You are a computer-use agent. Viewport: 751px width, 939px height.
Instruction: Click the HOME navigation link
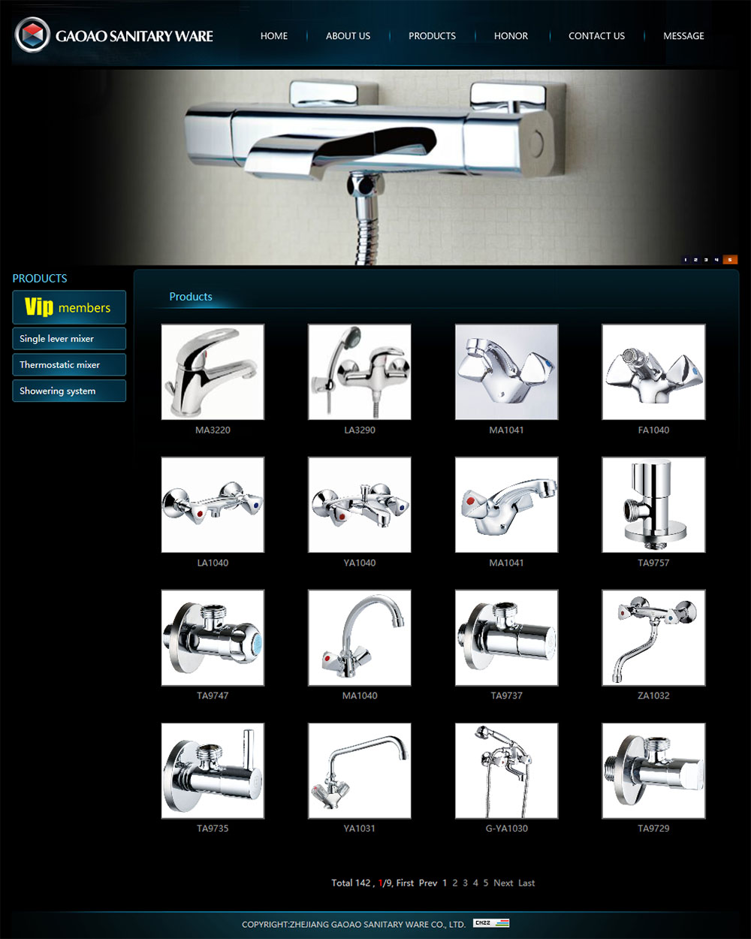[x=273, y=36]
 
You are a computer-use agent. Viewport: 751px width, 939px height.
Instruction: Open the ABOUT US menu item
[x=348, y=36]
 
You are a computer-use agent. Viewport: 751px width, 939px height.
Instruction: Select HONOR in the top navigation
[x=511, y=36]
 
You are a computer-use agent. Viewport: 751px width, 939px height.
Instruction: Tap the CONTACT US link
[x=596, y=36]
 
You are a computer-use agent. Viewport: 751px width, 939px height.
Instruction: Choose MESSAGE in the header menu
[x=683, y=36]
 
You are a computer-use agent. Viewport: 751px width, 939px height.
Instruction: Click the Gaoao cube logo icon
[x=32, y=35]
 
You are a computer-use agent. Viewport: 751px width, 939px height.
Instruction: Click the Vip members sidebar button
[x=69, y=307]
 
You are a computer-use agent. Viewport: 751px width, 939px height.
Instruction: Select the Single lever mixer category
[x=69, y=339]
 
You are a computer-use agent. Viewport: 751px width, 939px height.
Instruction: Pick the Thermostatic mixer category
[x=69, y=365]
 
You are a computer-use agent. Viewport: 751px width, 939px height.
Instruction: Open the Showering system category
[x=69, y=391]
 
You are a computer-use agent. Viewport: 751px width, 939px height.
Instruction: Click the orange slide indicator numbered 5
[x=730, y=260]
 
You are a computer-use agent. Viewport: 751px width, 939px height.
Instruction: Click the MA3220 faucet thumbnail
[x=213, y=372]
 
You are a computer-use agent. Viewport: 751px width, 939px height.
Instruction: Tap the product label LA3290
[x=360, y=430]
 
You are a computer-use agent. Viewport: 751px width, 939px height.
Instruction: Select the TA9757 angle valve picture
[x=653, y=505]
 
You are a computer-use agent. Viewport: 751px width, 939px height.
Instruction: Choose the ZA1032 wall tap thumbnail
[x=653, y=638]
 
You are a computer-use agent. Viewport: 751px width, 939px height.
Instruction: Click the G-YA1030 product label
[x=507, y=829]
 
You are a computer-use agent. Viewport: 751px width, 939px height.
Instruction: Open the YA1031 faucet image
[x=360, y=771]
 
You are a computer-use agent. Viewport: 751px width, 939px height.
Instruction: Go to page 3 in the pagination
[x=465, y=883]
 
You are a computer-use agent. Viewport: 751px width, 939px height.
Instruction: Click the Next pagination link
[x=503, y=883]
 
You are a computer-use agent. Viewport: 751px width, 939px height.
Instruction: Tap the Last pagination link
[x=526, y=883]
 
